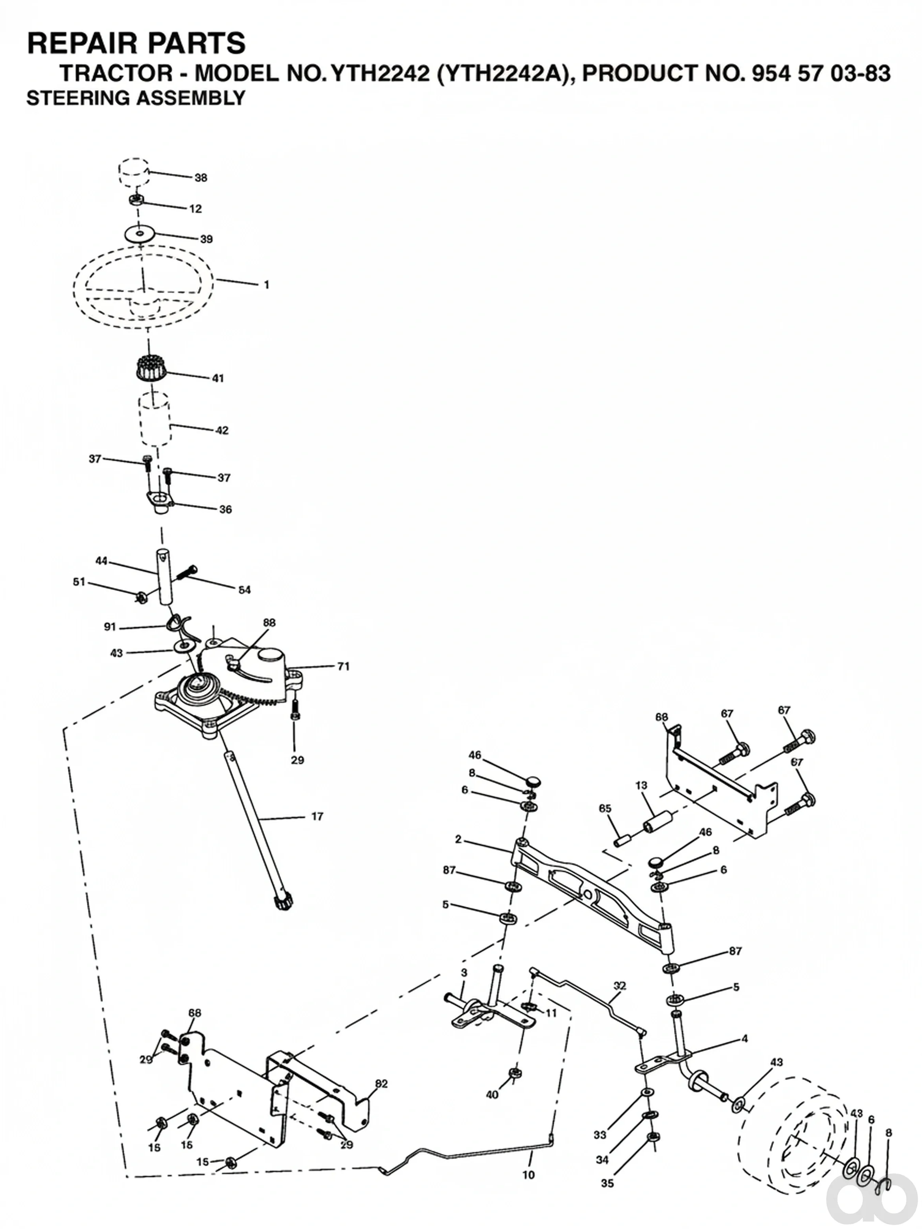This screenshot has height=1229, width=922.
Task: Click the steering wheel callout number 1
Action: click(x=267, y=284)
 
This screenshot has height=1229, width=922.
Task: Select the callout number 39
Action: click(x=206, y=239)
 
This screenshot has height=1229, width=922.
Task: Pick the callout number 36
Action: click(x=225, y=509)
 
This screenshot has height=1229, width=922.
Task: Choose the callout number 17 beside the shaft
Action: click(x=317, y=816)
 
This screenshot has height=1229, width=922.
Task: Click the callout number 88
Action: click(x=269, y=623)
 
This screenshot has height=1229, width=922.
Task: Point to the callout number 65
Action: click(x=605, y=808)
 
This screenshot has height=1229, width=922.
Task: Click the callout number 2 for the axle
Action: click(x=458, y=839)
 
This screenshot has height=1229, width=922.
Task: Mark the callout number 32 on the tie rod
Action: click(x=620, y=986)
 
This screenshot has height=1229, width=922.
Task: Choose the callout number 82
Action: click(x=381, y=1083)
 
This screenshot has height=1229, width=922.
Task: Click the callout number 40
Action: click(x=492, y=1095)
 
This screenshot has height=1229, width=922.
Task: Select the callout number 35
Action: click(x=608, y=1184)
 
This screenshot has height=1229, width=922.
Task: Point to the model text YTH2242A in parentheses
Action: click(x=506, y=73)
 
